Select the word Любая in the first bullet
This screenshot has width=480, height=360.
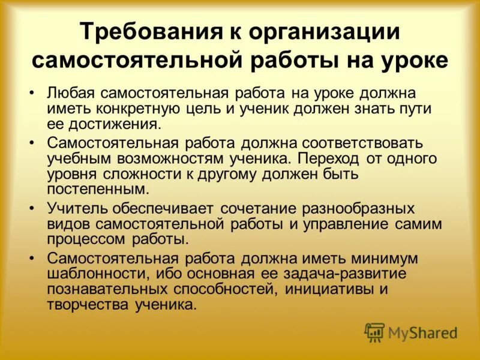(71, 94)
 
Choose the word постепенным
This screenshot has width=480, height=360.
(98, 189)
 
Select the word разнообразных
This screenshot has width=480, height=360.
(362, 209)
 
